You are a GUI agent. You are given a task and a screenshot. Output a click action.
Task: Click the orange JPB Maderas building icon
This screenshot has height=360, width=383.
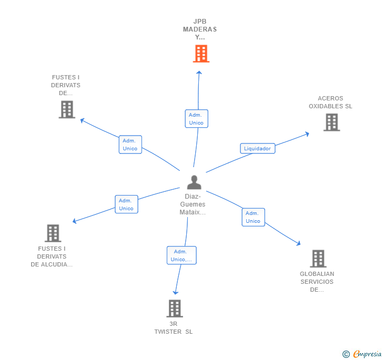(200, 54)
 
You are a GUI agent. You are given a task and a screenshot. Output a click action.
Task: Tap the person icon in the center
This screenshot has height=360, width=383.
(194, 182)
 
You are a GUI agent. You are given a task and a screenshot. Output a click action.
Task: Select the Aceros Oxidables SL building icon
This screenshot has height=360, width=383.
(331, 122)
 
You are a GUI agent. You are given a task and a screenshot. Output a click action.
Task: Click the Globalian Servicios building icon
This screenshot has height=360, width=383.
(318, 259)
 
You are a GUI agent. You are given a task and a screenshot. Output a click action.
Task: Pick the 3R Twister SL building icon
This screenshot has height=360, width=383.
(174, 308)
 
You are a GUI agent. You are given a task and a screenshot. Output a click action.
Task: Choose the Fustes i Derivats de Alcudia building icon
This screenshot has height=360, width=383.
(53, 233)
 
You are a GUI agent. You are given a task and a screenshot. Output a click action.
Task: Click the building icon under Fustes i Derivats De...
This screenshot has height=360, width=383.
(66, 109)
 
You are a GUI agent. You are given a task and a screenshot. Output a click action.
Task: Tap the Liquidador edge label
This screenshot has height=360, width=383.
(257, 149)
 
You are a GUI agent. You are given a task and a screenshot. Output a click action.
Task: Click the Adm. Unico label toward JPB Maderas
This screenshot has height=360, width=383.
(196, 119)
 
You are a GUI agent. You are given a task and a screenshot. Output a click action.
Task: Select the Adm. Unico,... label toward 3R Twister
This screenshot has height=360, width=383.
(182, 255)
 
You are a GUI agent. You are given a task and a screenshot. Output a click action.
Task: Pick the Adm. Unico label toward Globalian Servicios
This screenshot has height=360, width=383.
(253, 217)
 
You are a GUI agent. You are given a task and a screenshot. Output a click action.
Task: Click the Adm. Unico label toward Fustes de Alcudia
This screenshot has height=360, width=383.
(126, 204)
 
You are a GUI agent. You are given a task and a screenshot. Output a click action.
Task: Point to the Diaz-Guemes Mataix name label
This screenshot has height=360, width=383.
(193, 204)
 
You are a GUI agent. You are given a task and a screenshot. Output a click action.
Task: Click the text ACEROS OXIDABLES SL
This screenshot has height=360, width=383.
(330, 102)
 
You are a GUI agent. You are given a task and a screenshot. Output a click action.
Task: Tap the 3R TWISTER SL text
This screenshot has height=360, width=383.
(174, 327)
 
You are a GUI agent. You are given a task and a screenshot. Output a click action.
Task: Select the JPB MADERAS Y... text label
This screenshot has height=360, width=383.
(200, 29)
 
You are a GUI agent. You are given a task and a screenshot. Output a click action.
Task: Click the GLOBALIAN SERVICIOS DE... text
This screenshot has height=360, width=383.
(317, 282)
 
